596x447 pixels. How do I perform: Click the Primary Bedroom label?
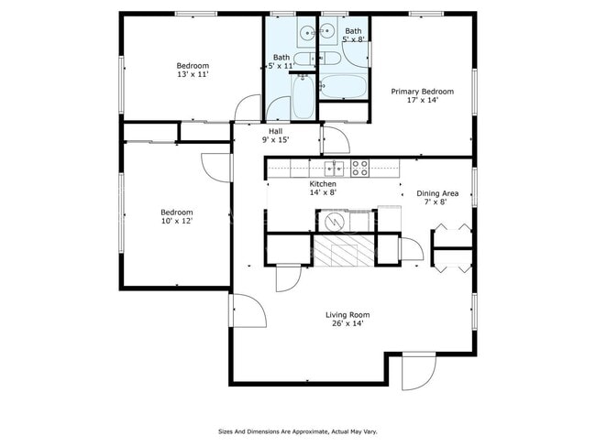(422, 92)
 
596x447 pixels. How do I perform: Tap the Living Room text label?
(348, 315)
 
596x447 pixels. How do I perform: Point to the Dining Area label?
(437, 193)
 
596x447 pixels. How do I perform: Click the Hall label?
(275, 132)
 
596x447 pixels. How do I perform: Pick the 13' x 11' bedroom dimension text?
(193, 75)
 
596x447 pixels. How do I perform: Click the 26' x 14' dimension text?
(348, 324)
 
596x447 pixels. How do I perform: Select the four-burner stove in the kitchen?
(360, 168)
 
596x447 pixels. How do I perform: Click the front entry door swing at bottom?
(417, 373)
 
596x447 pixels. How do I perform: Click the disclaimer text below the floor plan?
(297, 431)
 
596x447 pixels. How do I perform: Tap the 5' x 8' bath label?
(353, 35)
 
